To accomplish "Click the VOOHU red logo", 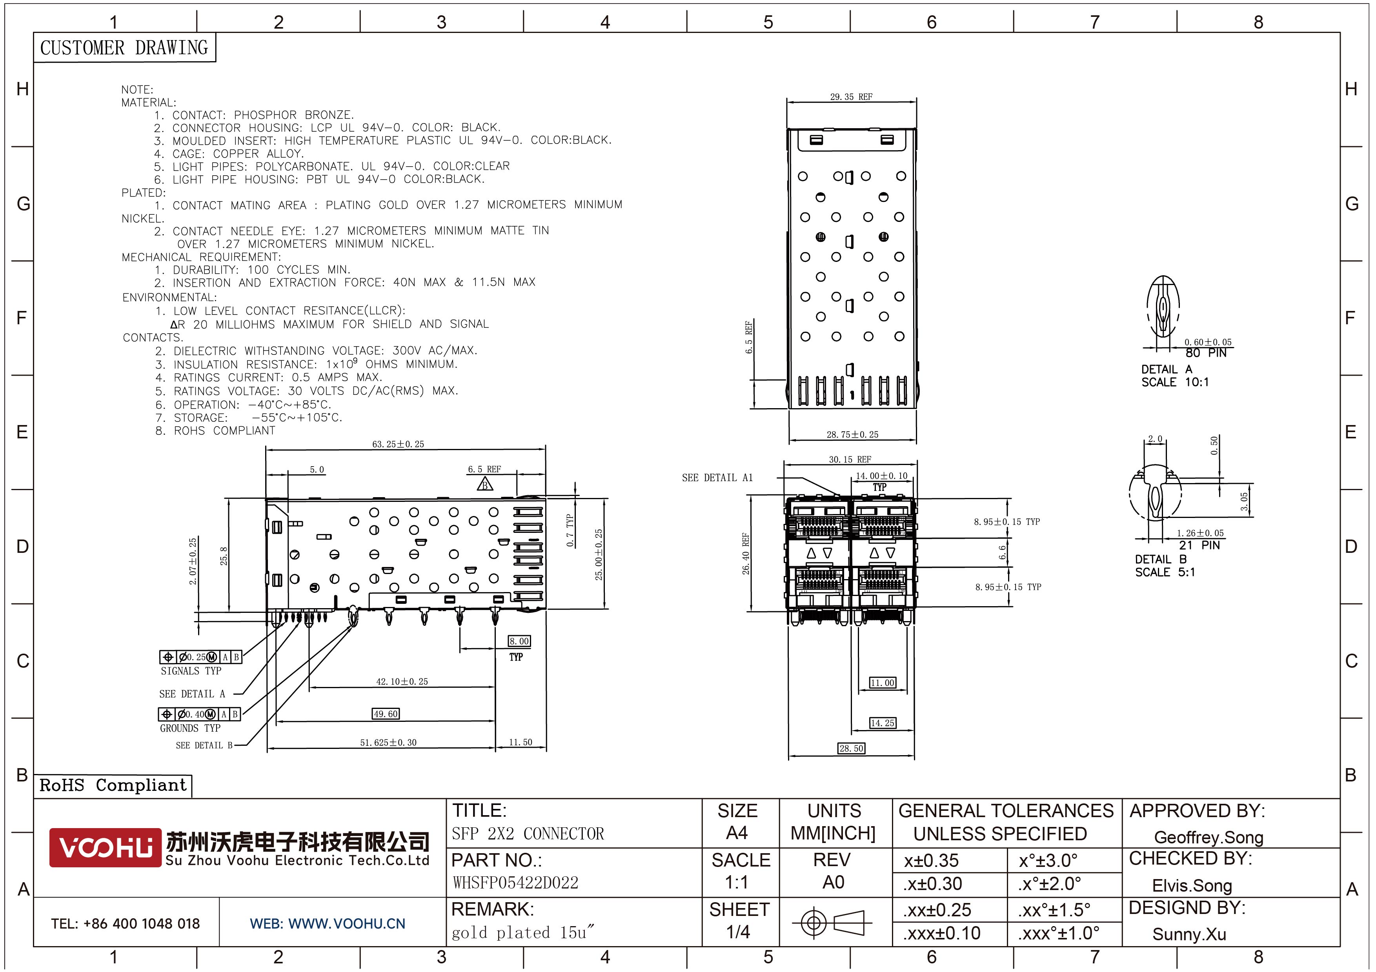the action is [106, 847].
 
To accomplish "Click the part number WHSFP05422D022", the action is [515, 883].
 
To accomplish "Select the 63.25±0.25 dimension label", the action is [398, 444].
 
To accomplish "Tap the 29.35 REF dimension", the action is [851, 96].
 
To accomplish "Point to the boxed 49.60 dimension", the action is [385, 714].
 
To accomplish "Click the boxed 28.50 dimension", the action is [852, 748].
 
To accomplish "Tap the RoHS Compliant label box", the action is [113, 785].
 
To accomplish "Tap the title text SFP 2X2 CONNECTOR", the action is [528, 834].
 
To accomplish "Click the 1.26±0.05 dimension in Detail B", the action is [1200, 533].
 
